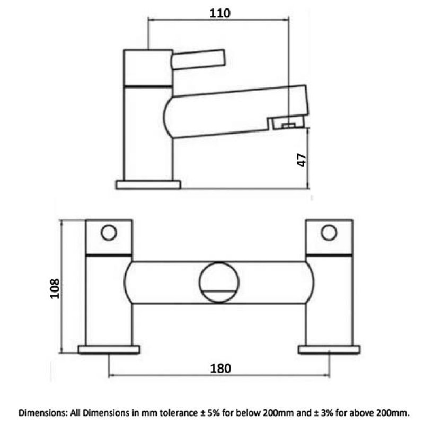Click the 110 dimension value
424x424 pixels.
(219, 14)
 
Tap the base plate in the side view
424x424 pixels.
(148, 184)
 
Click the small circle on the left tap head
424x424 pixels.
(109, 233)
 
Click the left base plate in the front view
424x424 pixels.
(109, 349)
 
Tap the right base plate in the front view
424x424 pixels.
(329, 349)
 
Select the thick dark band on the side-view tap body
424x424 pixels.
(148, 85)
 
